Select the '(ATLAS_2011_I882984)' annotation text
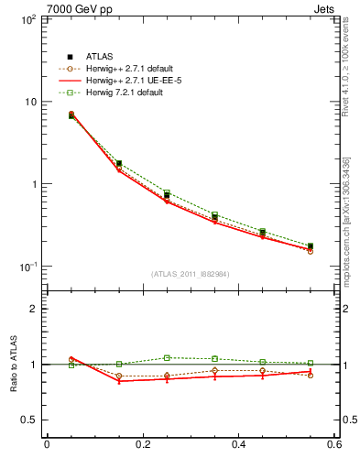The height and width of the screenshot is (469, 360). [190, 274]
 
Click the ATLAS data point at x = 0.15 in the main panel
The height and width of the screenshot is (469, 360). [119, 163]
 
